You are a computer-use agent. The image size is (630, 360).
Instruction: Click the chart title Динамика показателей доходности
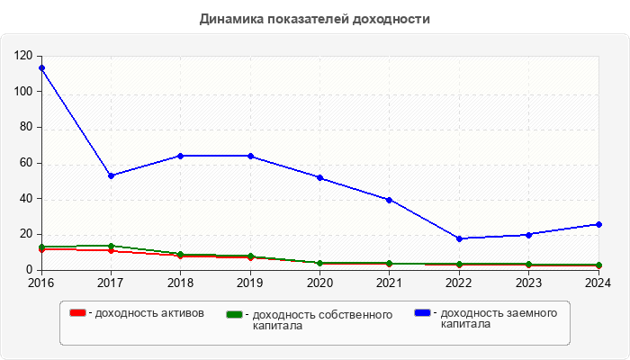click(315, 19)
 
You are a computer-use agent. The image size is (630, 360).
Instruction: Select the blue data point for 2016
click(41, 68)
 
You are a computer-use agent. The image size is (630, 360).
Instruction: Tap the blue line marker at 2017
click(111, 175)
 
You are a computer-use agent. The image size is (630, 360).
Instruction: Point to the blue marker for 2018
click(181, 156)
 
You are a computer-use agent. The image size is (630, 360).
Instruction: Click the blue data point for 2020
click(319, 177)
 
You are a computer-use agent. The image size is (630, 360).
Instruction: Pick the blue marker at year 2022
click(459, 238)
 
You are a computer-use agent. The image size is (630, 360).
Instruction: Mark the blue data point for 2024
click(598, 224)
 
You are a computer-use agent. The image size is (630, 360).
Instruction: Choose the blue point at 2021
click(389, 200)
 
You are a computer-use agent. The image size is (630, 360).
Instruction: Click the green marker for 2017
click(111, 246)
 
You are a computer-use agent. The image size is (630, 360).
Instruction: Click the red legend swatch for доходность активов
click(78, 313)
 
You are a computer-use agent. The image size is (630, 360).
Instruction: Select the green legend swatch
click(236, 315)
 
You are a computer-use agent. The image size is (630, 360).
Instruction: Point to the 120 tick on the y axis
click(24, 56)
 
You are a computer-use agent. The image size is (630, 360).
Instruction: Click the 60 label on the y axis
click(27, 163)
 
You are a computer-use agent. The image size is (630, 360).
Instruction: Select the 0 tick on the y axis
click(30, 270)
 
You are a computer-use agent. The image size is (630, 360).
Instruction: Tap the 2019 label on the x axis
click(250, 283)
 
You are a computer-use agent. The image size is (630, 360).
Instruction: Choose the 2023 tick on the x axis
click(528, 283)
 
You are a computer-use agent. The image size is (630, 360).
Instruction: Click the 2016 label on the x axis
click(41, 283)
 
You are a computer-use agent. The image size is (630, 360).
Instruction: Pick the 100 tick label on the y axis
click(24, 92)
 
